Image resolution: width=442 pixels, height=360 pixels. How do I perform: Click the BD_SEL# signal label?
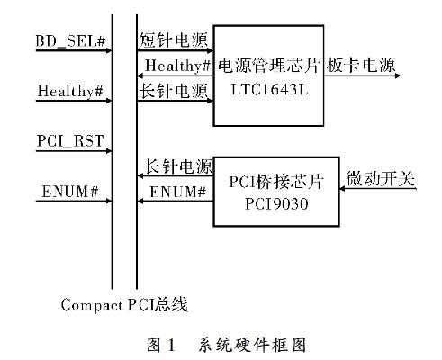70,40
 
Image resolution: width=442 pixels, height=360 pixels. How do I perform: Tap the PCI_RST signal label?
70,140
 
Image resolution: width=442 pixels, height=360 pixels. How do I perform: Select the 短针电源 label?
174,40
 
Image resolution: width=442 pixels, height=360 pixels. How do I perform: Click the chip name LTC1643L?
270,89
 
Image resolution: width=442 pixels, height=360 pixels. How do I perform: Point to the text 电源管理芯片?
268,66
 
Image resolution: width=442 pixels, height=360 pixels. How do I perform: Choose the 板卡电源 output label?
361,65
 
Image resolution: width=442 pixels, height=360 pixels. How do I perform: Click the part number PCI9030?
276,204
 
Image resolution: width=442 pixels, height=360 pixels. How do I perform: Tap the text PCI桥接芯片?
276,182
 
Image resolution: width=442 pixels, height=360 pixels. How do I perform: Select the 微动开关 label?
381,179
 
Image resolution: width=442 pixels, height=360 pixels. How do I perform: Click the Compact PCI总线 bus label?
124,305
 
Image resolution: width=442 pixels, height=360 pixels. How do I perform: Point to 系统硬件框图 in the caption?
252,345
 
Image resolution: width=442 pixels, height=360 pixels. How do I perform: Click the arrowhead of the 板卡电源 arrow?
399,76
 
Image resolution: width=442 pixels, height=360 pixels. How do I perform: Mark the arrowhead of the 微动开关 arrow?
342,189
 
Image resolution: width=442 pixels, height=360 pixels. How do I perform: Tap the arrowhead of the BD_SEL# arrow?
109,50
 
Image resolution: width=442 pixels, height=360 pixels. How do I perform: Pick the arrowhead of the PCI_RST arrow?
109,151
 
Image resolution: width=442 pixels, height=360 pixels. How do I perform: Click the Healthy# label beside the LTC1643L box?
177,66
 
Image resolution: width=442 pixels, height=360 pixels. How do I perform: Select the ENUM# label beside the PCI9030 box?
178,192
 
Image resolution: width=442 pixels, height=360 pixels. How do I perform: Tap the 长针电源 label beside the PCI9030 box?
178,166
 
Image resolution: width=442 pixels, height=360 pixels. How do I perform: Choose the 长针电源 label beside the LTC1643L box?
174,90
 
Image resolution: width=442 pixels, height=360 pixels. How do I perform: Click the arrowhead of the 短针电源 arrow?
211,50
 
